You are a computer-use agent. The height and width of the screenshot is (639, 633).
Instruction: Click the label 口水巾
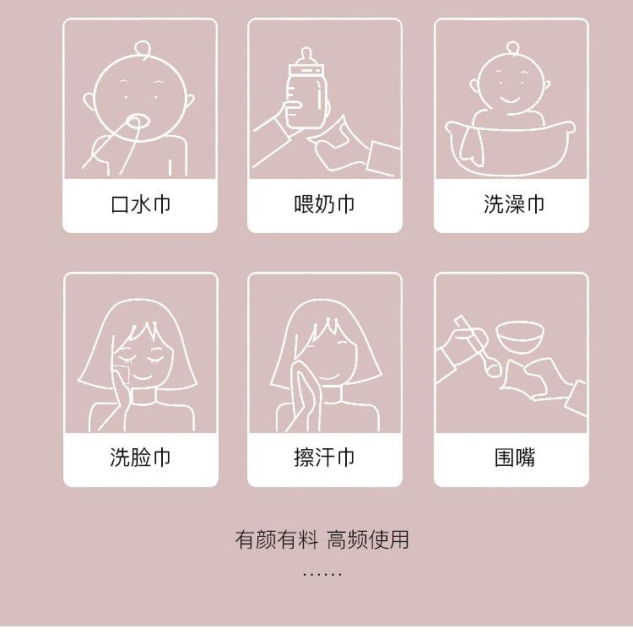coord(140,204)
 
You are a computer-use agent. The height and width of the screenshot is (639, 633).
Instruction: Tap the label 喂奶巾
coord(324,204)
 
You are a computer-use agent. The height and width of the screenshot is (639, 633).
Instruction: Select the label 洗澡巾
coord(514,204)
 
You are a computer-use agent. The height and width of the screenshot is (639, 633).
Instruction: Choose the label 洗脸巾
coord(140,458)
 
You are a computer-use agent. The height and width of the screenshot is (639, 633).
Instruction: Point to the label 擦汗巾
coord(324,458)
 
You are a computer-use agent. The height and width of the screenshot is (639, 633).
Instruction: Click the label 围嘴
coord(514,458)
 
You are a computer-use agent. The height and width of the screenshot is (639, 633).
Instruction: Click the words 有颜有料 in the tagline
coord(276,539)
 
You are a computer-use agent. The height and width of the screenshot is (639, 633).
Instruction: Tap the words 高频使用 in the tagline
coord(368,539)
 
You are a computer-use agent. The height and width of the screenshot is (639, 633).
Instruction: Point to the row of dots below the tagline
coord(322,573)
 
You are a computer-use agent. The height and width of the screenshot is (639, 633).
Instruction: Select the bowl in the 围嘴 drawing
coord(519,336)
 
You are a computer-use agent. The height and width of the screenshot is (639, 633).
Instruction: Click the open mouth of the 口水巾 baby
coord(135,122)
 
